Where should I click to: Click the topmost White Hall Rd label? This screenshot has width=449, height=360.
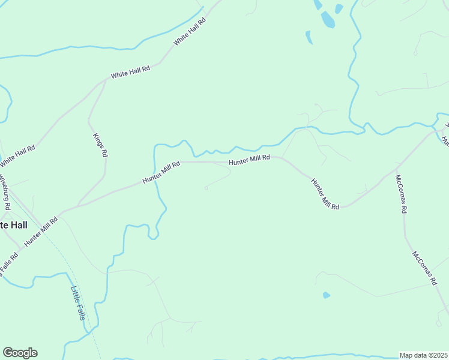(x=190, y=31)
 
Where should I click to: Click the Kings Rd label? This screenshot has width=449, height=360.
(x=100, y=145)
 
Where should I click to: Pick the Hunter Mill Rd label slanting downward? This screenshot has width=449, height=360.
(x=325, y=193)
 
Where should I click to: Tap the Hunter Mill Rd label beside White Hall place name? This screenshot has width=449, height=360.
(x=41, y=231)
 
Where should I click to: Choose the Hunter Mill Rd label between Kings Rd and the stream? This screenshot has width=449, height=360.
(x=161, y=172)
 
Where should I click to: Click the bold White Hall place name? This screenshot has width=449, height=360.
(x=13, y=224)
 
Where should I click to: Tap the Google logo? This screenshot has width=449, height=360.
(x=20, y=353)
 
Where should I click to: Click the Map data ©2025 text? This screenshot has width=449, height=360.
(x=423, y=355)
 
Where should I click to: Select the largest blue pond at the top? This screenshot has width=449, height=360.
(x=327, y=20)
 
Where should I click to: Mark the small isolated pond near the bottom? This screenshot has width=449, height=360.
(x=326, y=295)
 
